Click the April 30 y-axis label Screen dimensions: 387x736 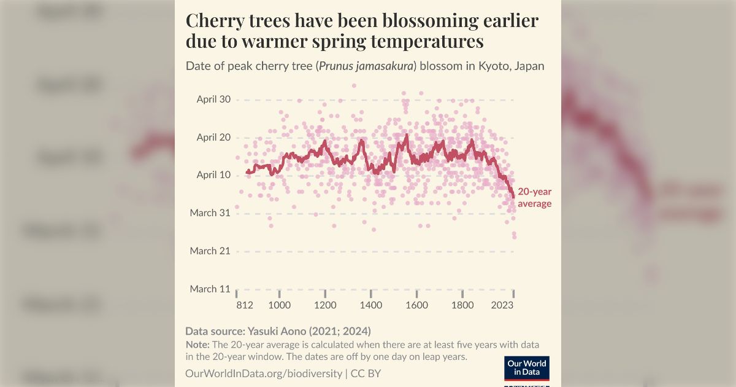(x=213, y=100)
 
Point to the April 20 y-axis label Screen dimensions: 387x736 (x=213, y=138)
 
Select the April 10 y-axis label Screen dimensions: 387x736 (x=213, y=175)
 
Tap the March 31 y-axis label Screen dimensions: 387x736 (x=212, y=213)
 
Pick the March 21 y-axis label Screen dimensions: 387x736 (x=212, y=251)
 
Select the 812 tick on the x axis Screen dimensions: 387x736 (x=245, y=305)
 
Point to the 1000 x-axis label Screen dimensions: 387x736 (x=279, y=305)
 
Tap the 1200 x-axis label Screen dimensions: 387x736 (x=325, y=305)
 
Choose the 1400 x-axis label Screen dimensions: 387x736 (x=371, y=305)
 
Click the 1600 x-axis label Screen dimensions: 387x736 (x=417, y=305)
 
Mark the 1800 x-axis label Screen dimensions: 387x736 (x=462, y=305)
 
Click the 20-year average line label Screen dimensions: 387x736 (x=534, y=198)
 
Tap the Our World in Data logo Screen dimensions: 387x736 (x=526, y=368)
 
